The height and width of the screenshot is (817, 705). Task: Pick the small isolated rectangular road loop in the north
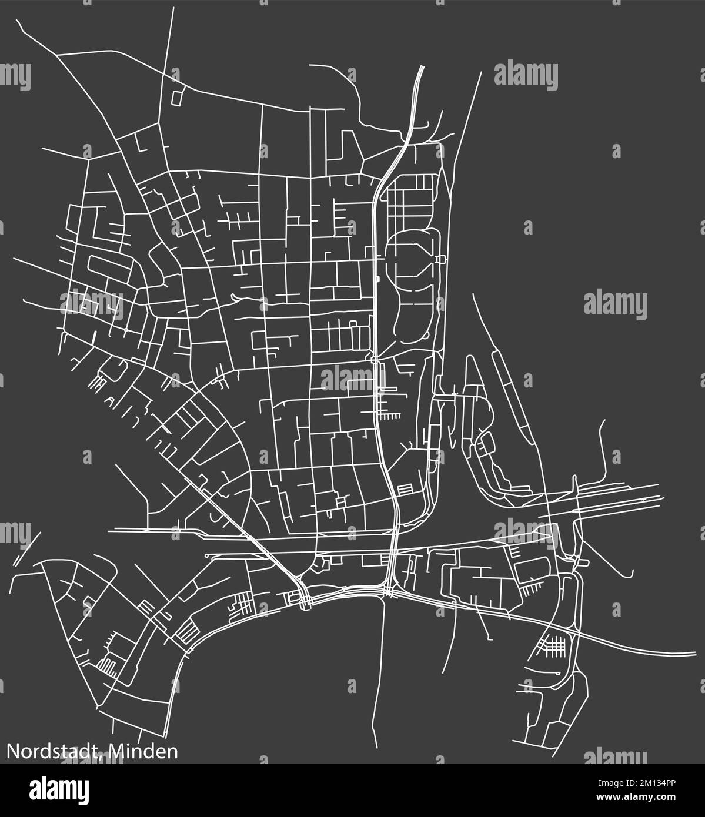tap(176, 96)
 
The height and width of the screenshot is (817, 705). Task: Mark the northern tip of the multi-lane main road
tap(422, 66)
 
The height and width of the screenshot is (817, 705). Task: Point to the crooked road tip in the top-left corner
tap(18, 21)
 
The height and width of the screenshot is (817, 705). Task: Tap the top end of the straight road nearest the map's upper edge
tap(174, 8)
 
